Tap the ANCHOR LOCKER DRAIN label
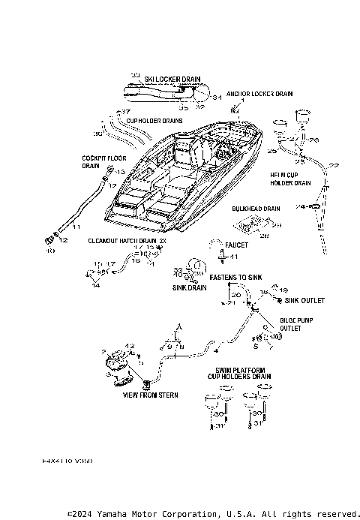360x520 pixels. pos(259,95)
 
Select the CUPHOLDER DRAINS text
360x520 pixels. pos(154,120)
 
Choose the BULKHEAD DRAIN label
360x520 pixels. pos(256,209)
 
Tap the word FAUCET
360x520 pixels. pos(237,245)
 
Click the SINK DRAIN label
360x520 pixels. pos(190,287)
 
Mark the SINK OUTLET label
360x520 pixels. pos(304,300)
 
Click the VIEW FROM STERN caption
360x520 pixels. pos(151,395)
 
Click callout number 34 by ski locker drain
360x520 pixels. pos(216,98)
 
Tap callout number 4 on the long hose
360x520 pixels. pos(216,350)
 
